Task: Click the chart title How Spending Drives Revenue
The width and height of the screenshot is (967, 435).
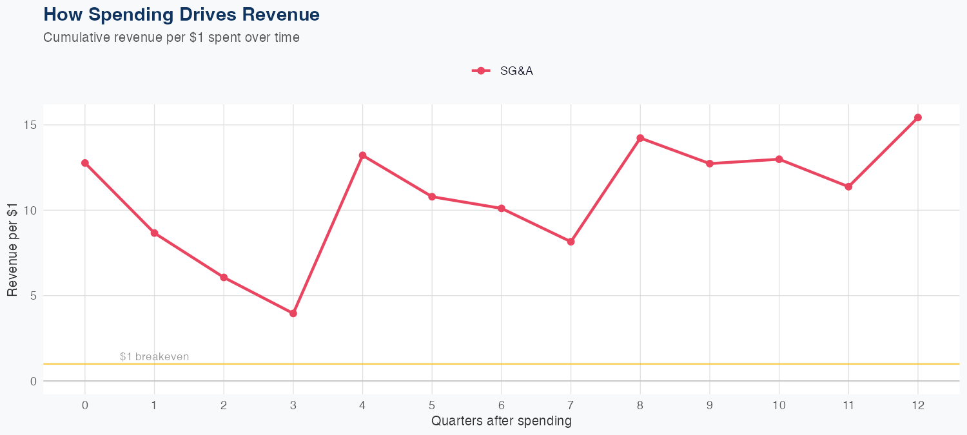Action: [181, 14]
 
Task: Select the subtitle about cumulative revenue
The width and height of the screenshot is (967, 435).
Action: [171, 37]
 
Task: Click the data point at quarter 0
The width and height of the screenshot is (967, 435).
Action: [85, 163]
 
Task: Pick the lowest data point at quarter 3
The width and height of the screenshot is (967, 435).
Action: [293, 313]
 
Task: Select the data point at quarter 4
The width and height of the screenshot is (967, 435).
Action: [363, 155]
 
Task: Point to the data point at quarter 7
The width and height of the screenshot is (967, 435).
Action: [571, 242]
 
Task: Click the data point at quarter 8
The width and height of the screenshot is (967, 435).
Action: [640, 138]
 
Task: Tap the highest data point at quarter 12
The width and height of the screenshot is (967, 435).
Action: [918, 117]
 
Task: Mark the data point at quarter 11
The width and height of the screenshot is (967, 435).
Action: [848, 187]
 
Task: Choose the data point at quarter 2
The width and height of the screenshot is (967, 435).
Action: [224, 278]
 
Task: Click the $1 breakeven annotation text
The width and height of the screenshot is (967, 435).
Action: [155, 357]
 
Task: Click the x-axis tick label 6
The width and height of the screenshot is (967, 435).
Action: [502, 405]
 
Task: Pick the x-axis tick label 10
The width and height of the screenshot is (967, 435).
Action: [779, 405]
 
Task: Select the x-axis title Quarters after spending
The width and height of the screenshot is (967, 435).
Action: [502, 421]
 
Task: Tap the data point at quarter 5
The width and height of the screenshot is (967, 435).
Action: [432, 197]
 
